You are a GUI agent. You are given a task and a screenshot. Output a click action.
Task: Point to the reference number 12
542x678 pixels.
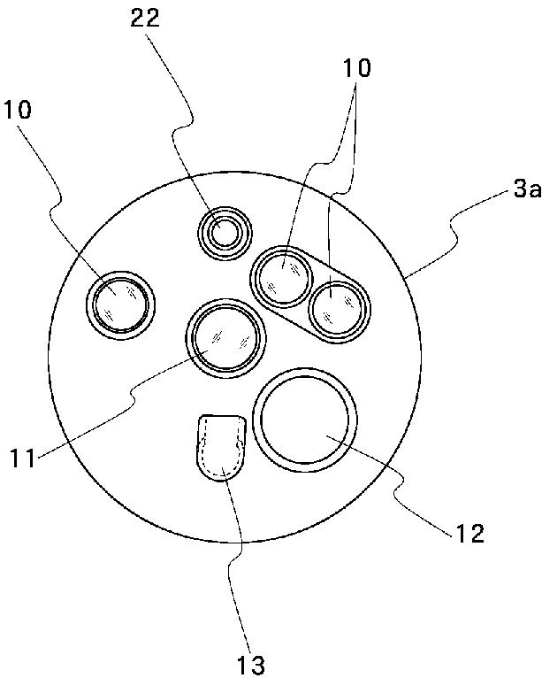click(469, 534)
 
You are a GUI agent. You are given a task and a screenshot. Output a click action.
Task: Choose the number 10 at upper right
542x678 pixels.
click(358, 67)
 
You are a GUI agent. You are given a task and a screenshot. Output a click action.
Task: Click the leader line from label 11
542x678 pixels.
click(133, 398)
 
